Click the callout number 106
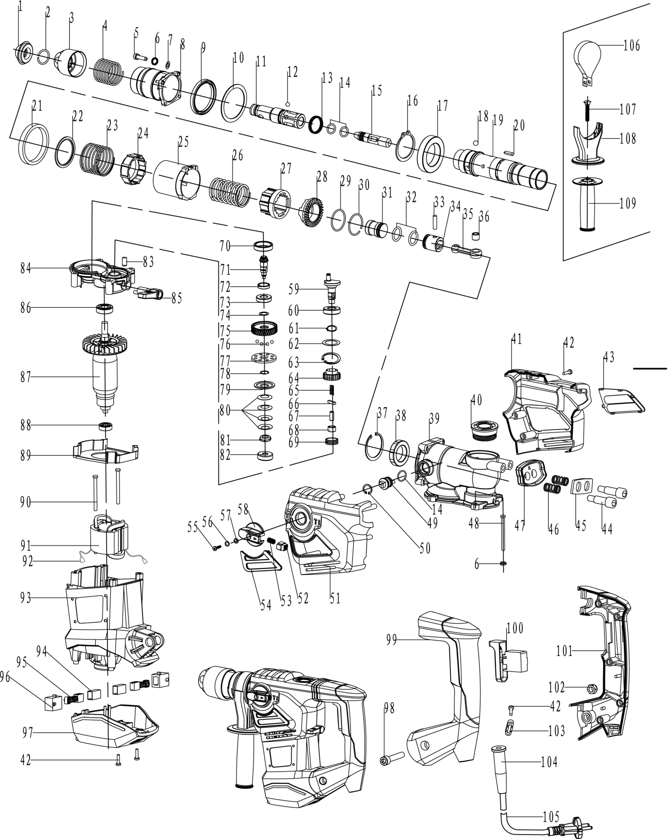pyautogui.click(x=632, y=44)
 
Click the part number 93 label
pyautogui.click(x=26, y=598)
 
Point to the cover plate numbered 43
pyautogui.click(x=621, y=399)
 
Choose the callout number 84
pyautogui.click(x=26, y=268)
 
